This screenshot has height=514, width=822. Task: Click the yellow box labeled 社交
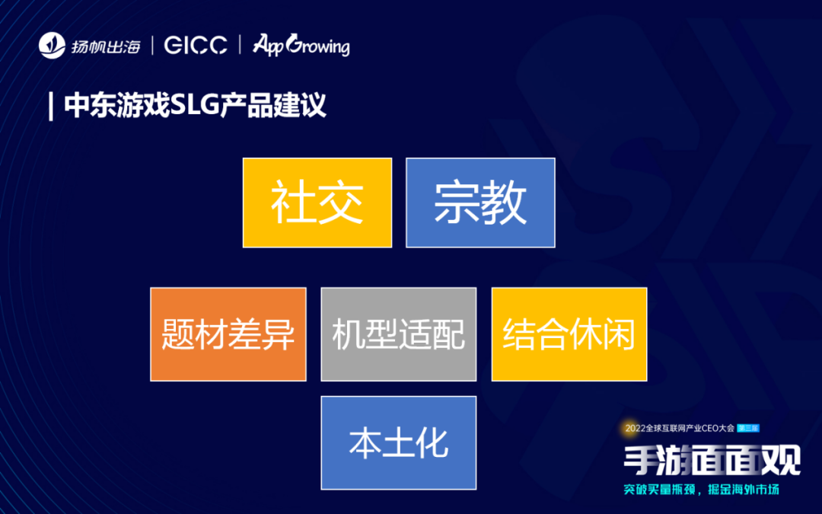[x=317, y=203]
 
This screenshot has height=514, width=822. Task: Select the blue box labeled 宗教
[x=480, y=203]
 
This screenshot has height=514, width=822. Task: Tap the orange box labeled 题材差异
[x=228, y=334]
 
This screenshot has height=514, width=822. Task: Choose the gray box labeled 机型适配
[x=398, y=334]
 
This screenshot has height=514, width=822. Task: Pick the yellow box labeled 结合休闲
[x=569, y=334]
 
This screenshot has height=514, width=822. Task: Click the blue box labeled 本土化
[x=398, y=442]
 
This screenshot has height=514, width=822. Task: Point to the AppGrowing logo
[x=301, y=45]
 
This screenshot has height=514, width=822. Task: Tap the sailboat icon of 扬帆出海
[x=53, y=46]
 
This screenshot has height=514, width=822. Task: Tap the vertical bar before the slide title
[x=50, y=105]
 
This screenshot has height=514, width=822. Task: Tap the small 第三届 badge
[x=749, y=429]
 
